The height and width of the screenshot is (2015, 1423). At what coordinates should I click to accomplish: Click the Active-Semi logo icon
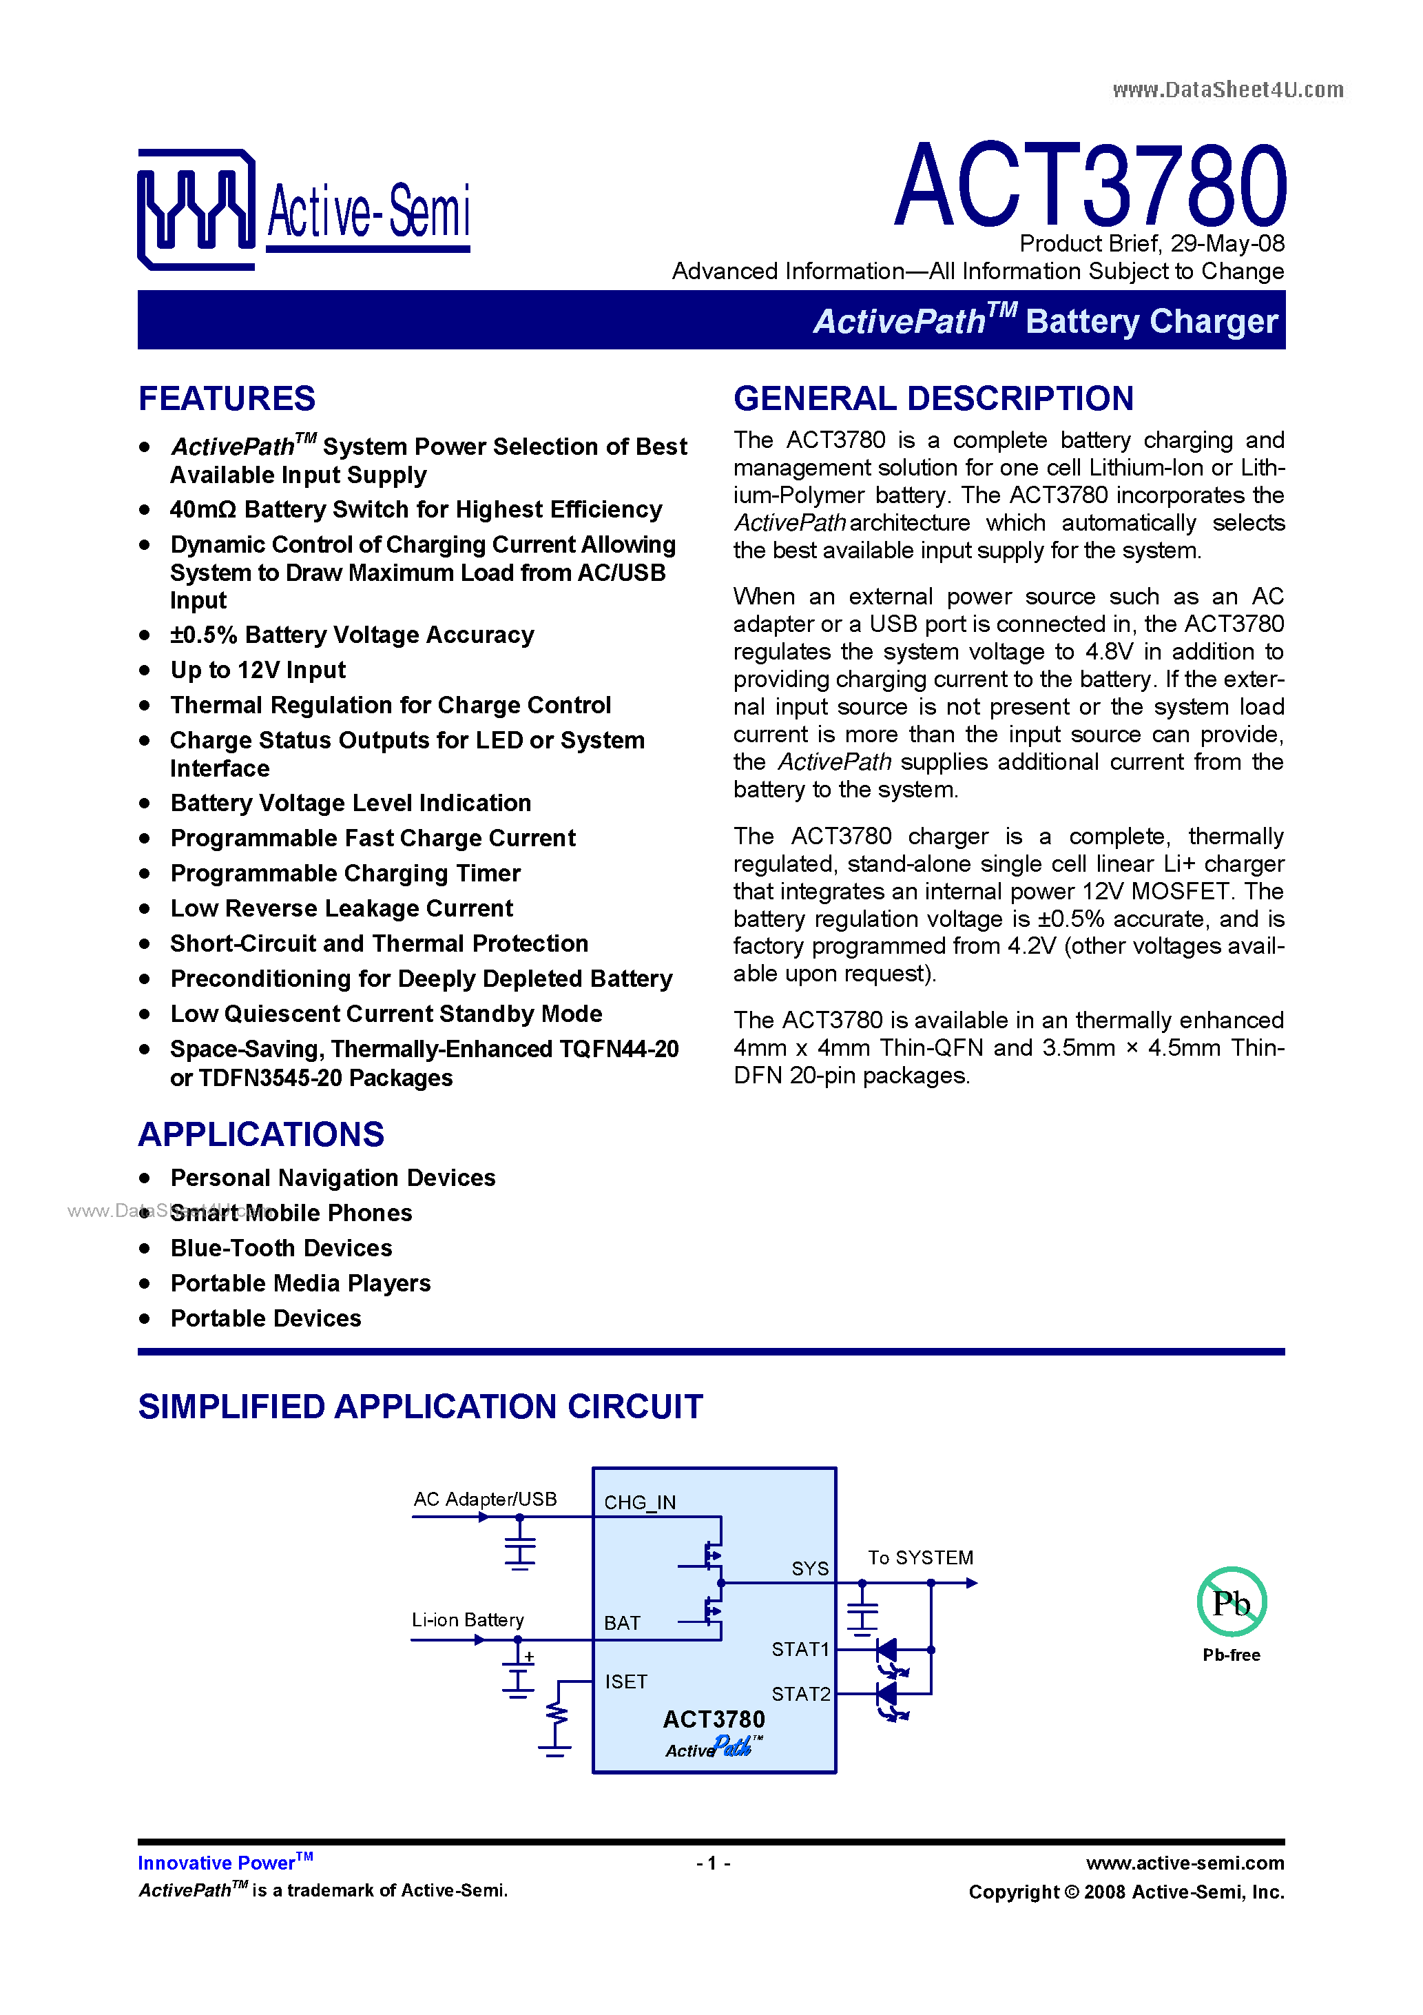196,209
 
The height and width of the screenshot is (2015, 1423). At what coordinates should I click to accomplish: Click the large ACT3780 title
1090,186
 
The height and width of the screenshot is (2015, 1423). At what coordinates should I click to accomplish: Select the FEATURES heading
227,398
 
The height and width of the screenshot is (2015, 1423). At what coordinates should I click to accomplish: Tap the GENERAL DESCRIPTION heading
933,398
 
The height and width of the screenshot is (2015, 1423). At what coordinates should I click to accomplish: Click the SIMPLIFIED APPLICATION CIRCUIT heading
420,1406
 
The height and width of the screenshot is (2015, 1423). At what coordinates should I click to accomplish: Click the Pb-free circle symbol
1231,1602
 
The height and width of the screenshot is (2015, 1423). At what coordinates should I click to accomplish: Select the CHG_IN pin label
640,1502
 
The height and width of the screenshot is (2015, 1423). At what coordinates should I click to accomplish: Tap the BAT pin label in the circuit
622,1623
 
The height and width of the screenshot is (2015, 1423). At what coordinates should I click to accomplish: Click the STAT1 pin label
800,1649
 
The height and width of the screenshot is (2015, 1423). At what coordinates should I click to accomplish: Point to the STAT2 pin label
800,1693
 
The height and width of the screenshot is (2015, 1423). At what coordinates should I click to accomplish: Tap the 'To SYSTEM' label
920,1557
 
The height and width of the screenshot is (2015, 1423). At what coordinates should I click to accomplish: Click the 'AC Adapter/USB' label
485,1498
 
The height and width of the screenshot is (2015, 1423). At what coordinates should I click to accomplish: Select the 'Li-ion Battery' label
468,1619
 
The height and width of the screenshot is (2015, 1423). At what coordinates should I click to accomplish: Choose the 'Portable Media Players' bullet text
300,1283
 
